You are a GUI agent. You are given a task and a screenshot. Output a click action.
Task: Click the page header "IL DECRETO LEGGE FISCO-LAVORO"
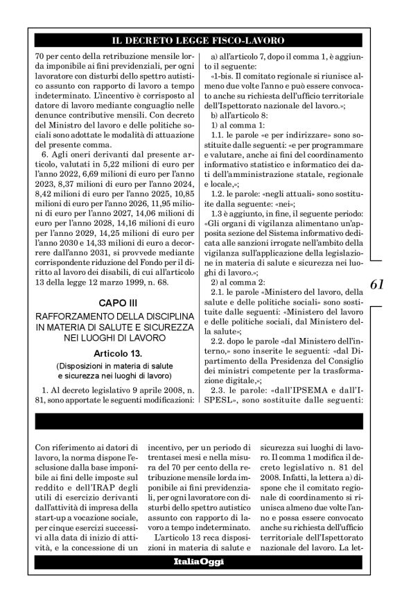[x=201, y=40]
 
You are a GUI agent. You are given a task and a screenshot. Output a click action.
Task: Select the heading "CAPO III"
[x=107, y=304]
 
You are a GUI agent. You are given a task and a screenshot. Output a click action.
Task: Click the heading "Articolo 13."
[x=107, y=354]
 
